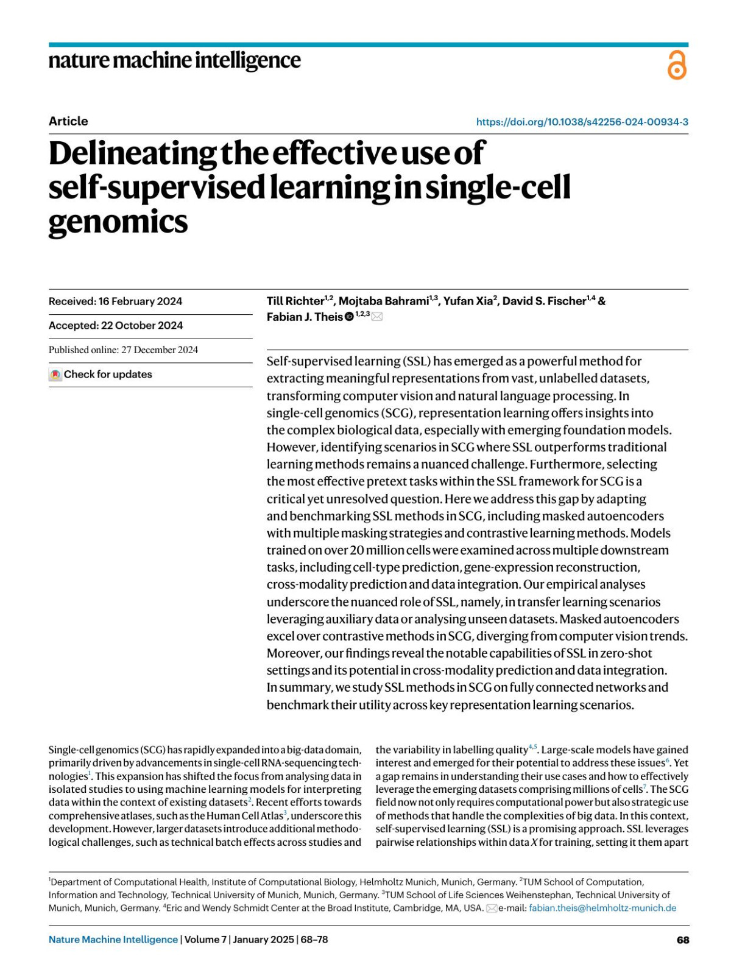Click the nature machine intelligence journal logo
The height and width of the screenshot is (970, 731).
[174, 61]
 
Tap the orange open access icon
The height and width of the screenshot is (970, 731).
[677, 65]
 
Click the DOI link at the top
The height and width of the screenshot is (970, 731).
[582, 122]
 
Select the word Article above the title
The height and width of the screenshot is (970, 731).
[68, 121]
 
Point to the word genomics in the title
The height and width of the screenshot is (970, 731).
[118, 222]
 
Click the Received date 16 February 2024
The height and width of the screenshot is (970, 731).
[115, 301]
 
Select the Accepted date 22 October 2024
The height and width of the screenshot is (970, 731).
[116, 326]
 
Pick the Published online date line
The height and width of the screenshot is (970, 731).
[123, 350]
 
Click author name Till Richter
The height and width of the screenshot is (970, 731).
[295, 301]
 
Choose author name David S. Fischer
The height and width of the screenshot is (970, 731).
[543, 301]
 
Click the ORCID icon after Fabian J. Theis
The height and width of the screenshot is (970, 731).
[349, 317]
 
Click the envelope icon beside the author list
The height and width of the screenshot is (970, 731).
[377, 317]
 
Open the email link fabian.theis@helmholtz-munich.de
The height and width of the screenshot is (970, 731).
[602, 908]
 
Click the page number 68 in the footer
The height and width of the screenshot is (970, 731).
[683, 940]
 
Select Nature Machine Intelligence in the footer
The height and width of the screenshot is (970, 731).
[113, 940]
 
